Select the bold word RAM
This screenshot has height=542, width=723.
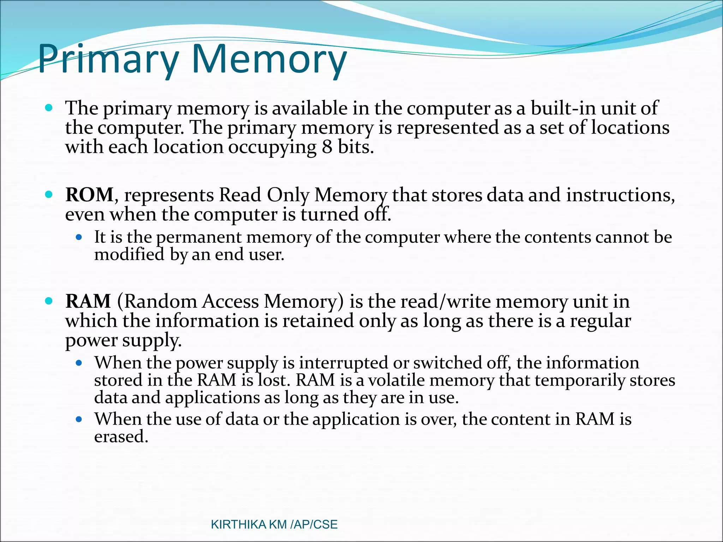(x=88, y=301)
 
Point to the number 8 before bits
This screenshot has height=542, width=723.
(x=327, y=147)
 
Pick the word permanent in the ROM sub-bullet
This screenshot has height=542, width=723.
(x=199, y=237)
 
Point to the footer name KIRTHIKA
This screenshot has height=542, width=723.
(x=238, y=525)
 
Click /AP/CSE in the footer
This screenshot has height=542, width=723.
(x=314, y=525)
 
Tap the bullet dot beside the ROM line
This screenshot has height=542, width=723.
(x=49, y=194)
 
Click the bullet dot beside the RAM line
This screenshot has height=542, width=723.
(x=49, y=301)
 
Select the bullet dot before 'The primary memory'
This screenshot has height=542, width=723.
(x=49, y=108)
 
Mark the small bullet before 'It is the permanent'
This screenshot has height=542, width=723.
(x=79, y=237)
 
